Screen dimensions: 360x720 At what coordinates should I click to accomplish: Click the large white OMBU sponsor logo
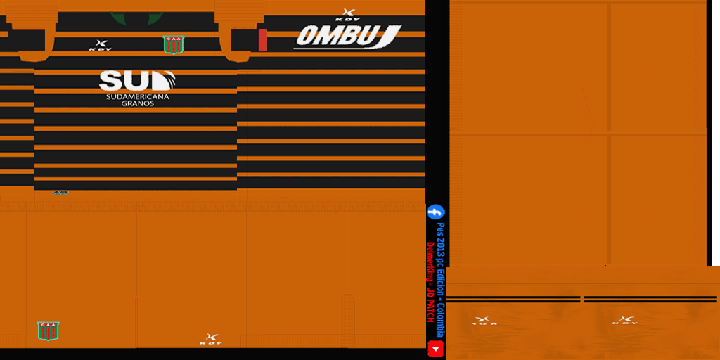347,37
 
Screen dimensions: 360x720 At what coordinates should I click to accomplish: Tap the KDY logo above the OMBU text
347,14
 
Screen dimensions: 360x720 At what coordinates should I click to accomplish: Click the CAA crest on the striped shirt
171,44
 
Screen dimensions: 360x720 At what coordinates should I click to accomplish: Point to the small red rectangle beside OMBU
263,40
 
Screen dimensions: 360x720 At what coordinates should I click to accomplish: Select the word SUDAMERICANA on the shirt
138,96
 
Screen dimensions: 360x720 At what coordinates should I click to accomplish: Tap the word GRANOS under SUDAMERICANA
138,103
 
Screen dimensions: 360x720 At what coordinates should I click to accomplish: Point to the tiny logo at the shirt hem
60,192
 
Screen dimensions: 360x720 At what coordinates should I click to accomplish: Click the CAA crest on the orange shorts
48,330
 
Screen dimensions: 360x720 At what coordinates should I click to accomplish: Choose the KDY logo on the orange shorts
211,339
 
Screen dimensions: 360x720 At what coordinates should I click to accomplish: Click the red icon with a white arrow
436,349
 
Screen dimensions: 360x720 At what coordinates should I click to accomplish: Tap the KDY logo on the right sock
624,321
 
